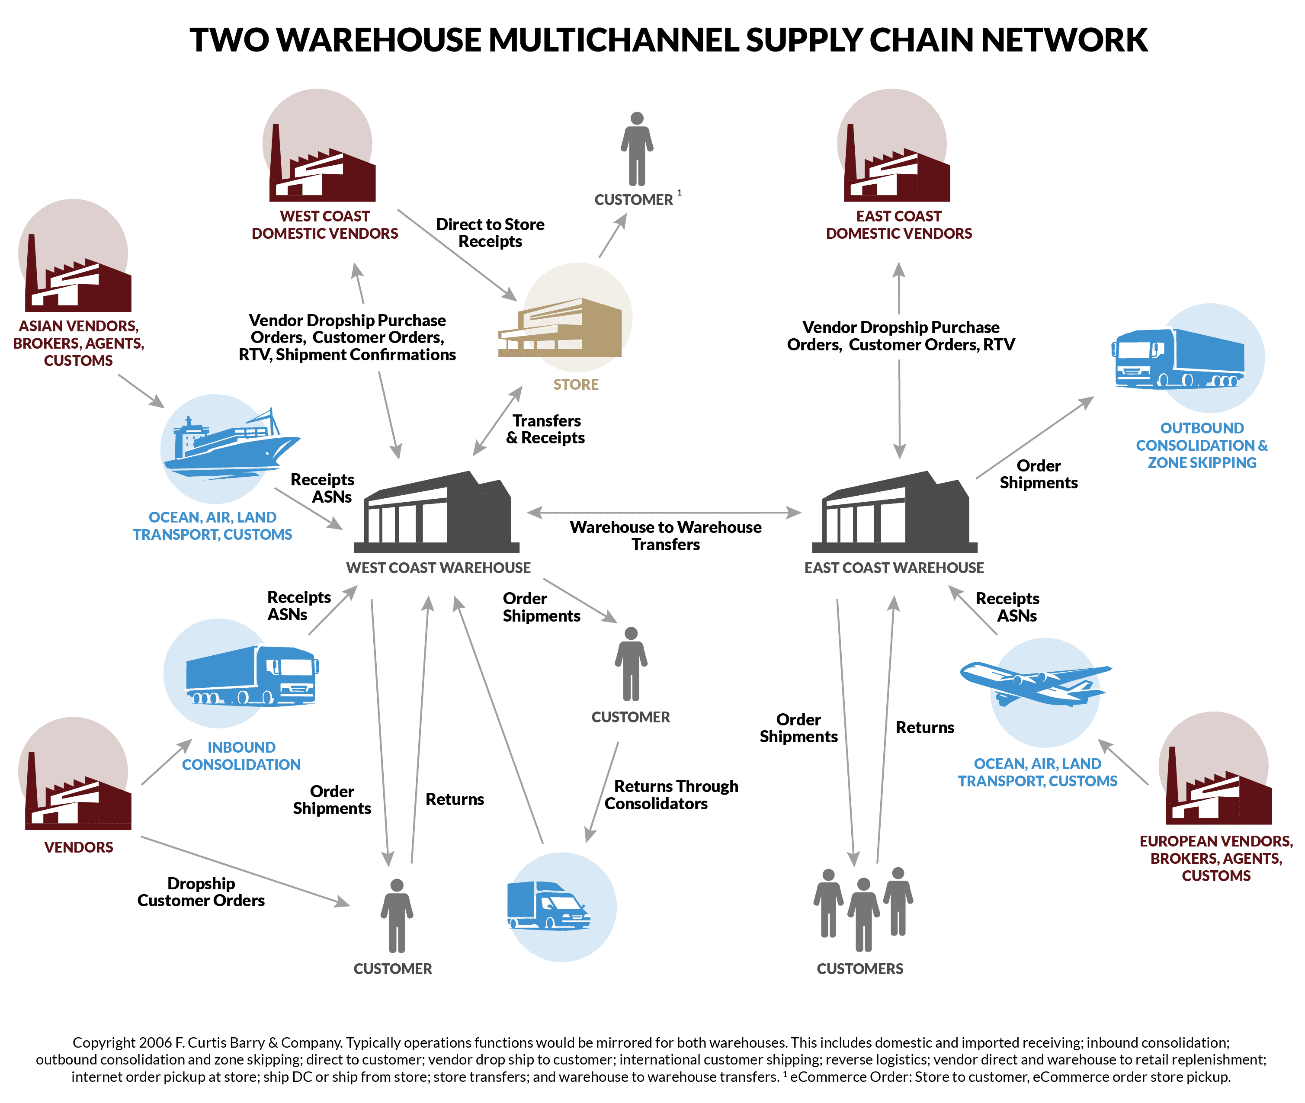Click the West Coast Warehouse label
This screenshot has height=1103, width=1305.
tap(438, 568)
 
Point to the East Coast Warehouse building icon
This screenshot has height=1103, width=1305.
tap(894, 513)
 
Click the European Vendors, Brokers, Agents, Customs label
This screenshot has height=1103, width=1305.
tap(1215, 858)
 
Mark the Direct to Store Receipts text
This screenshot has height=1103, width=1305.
tap(490, 233)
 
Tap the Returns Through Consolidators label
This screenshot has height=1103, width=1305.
tap(671, 795)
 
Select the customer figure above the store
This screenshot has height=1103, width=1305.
tap(637, 150)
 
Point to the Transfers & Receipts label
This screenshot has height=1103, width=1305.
tap(546, 429)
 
